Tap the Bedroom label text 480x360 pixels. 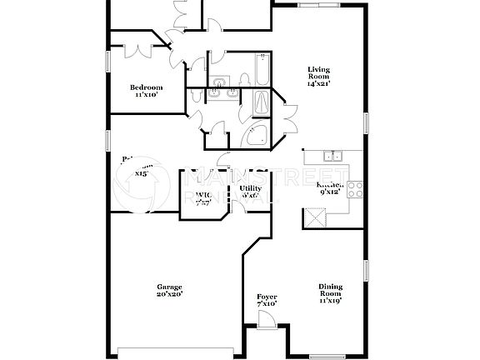coord(146,87)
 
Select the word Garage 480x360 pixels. coord(169,286)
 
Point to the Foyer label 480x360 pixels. coord(267,297)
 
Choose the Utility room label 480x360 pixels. coord(250,189)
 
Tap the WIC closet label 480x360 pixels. coord(202,196)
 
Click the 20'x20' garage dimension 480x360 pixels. coord(169,294)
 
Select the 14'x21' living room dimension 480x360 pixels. coord(319,84)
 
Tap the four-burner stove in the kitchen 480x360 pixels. coord(355,189)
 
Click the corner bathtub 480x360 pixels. coord(258,137)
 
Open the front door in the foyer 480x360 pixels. coord(268,321)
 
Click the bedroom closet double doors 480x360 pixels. coord(136,48)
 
